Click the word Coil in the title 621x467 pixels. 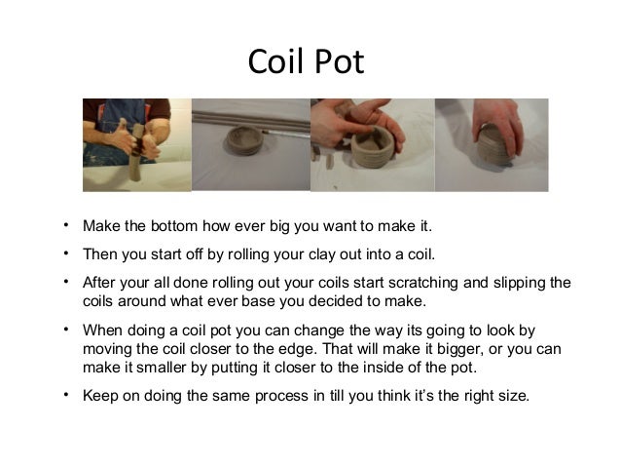pyautogui.click(x=275, y=61)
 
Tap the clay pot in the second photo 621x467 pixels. pyautogui.click(x=244, y=139)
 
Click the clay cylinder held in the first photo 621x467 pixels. pyautogui.click(x=136, y=151)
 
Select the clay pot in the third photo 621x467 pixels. pyautogui.click(x=373, y=146)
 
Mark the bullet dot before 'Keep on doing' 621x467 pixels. pyautogui.click(x=66, y=395)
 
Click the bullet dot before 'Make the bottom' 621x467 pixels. pyautogui.click(x=66, y=225)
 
